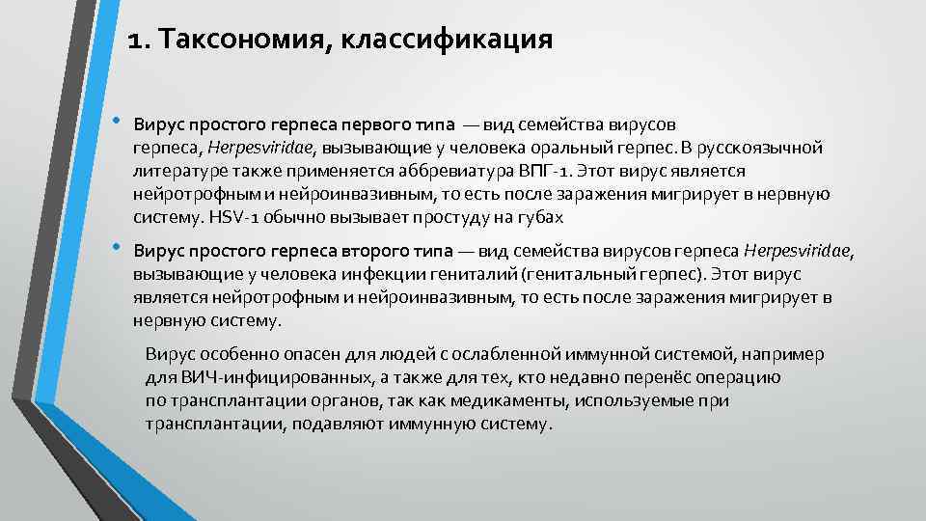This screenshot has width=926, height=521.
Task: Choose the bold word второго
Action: (371, 251)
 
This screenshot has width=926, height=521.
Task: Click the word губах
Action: (541, 217)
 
